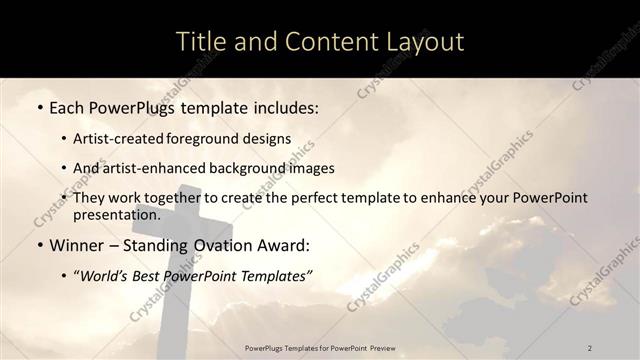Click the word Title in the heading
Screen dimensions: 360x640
point(199,42)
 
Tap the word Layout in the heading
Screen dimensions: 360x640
point(419,42)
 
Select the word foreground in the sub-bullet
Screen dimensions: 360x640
point(213,138)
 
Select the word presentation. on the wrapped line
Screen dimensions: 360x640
point(116,215)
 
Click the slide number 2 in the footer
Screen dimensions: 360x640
point(589,347)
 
